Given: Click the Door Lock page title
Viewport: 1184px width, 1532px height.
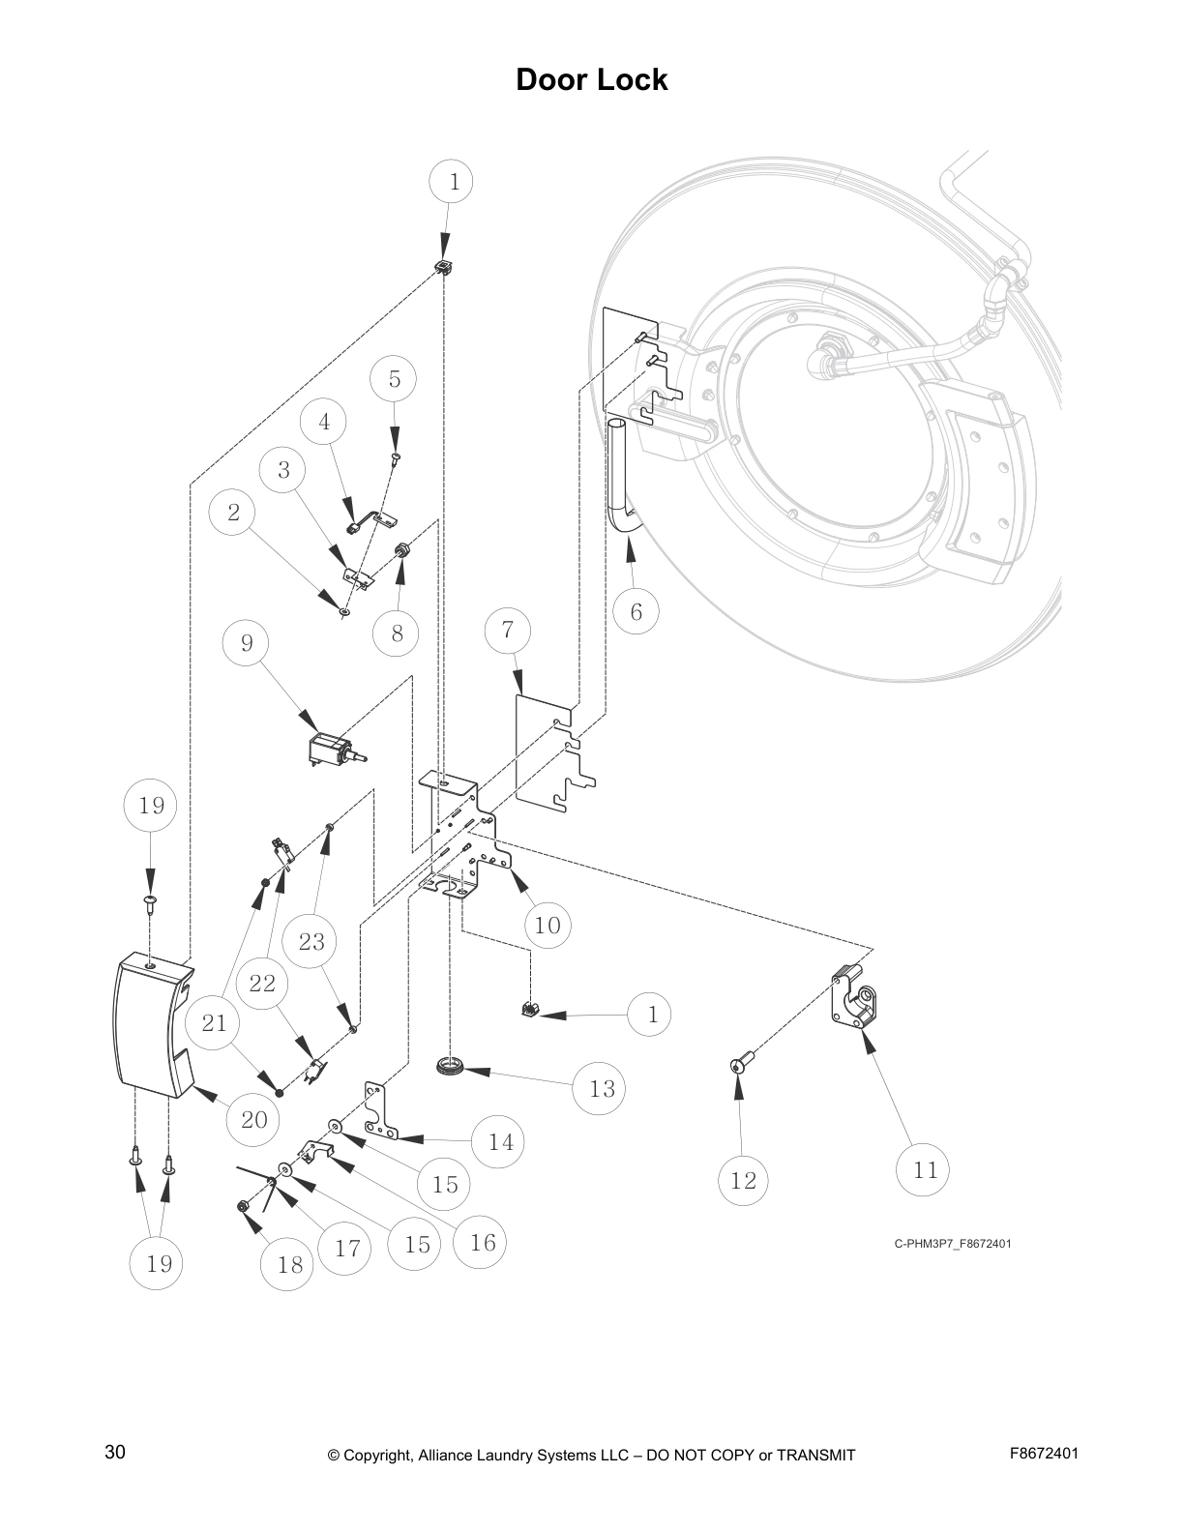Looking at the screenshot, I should tap(591, 79).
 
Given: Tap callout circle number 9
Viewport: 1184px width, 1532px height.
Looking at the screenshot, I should tap(247, 643).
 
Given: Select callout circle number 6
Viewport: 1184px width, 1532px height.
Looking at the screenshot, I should tap(636, 611).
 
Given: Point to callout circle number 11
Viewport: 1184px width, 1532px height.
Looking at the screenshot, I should tap(925, 1170).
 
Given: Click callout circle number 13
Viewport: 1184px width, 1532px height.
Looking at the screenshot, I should tap(601, 1089).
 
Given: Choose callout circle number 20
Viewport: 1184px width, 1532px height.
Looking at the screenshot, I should tap(252, 1120).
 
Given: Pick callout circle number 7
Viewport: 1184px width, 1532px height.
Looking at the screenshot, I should tap(508, 632).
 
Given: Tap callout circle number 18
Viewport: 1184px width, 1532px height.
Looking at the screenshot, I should tap(289, 1264).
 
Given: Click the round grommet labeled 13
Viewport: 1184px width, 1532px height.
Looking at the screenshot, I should tap(451, 1067).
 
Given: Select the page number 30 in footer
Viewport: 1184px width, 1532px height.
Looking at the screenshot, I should tap(115, 1453).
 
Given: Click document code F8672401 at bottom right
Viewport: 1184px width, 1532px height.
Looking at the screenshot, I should tap(1044, 1454).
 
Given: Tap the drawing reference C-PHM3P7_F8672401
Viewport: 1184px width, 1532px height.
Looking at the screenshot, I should tap(952, 1244).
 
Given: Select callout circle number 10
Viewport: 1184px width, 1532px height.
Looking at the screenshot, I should tap(547, 925).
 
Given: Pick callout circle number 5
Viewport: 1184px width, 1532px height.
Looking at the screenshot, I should tap(395, 379).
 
